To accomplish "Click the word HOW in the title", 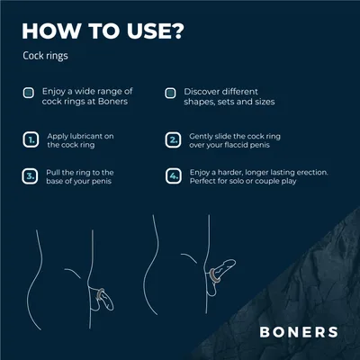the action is (51, 31).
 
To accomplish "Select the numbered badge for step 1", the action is (31, 139).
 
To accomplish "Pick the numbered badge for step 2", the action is (173, 139).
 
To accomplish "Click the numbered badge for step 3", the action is (30, 176).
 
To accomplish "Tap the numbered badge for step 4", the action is (174, 176).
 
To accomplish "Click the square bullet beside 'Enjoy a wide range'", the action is (29, 93).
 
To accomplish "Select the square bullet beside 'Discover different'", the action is (170, 93).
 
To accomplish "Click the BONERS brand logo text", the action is (299, 332).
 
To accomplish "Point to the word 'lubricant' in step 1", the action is (85, 136).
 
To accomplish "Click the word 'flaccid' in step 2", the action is (242, 145).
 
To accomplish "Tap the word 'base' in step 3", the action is (55, 181).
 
